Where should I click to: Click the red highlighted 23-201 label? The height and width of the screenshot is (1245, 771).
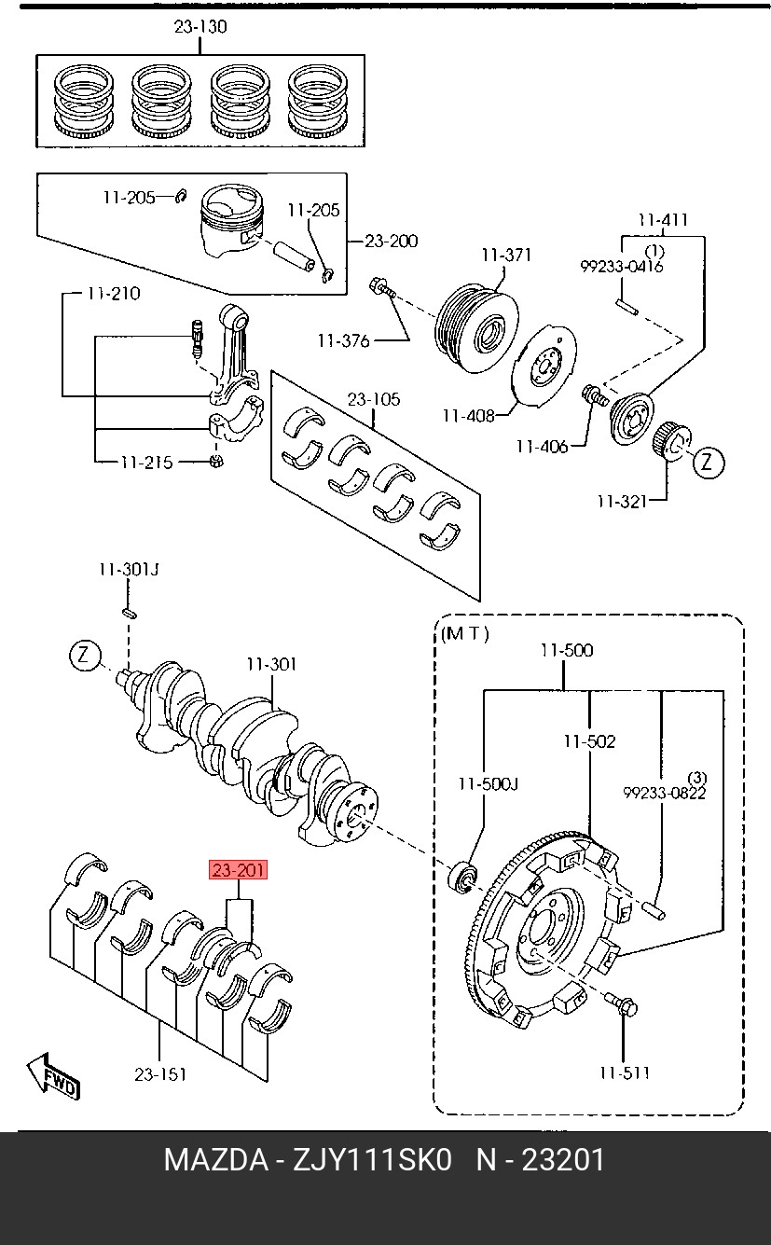[x=238, y=870]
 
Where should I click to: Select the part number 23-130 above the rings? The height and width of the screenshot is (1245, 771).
[x=200, y=27]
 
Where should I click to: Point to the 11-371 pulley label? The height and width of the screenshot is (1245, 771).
[x=506, y=256]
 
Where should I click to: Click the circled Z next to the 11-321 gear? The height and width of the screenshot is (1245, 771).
[x=707, y=462]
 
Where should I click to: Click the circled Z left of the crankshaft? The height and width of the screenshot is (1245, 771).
[x=85, y=656]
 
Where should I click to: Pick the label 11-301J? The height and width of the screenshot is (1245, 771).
[x=129, y=570]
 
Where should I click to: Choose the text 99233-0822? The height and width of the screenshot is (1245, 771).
[x=665, y=793]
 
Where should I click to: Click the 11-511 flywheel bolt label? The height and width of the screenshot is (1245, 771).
[x=625, y=1072]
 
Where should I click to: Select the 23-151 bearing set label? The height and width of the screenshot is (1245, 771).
[x=160, y=1074]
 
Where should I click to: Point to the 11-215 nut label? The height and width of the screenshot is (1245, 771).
[x=146, y=463]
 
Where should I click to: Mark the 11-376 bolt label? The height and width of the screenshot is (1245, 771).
[x=343, y=340]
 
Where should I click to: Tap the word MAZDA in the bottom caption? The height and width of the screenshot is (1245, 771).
[x=216, y=1160]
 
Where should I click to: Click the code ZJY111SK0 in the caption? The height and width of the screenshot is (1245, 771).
[x=372, y=1160]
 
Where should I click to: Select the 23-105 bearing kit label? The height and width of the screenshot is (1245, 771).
[x=374, y=399]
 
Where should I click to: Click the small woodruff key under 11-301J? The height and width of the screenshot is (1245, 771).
[x=130, y=613]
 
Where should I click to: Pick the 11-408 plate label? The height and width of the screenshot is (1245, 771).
[x=468, y=416]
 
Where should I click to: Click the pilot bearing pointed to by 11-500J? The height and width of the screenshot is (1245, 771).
[x=462, y=878]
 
